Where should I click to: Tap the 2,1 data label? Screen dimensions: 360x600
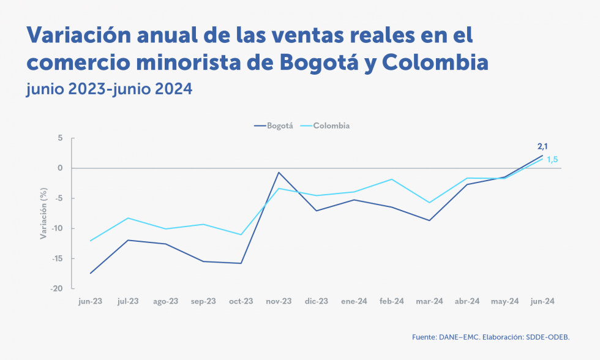[542, 146]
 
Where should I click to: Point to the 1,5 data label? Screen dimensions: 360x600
[552, 160]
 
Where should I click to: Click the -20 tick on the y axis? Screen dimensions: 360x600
[58, 288]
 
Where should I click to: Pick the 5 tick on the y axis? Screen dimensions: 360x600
[61, 138]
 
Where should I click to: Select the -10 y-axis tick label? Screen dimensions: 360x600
[58, 228]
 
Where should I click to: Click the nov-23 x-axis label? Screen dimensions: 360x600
[279, 301]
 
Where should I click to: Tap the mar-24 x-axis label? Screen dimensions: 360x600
[429, 301]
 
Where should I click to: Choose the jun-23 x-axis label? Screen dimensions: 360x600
[91, 301]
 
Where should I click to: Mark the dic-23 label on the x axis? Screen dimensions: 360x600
[317, 301]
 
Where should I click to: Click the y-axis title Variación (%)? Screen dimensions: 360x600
[43, 213]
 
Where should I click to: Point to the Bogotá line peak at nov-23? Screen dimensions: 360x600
[279, 173]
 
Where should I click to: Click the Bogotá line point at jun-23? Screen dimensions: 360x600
[91, 273]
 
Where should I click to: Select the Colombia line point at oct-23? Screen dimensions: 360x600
[241, 234]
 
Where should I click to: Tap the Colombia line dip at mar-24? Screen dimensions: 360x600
[429, 203]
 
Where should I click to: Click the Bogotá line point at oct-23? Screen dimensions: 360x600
[241, 263]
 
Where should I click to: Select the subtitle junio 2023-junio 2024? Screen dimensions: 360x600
[110, 89]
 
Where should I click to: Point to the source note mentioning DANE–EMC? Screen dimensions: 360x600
[495, 337]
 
